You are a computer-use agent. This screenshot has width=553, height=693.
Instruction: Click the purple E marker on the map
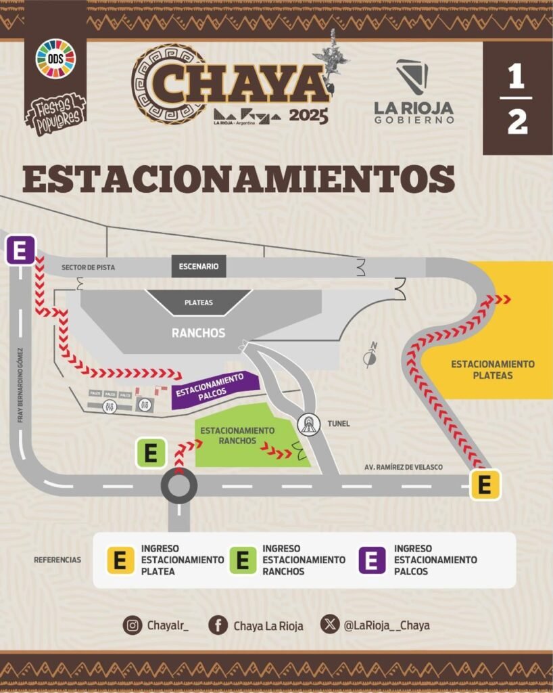click(20, 251)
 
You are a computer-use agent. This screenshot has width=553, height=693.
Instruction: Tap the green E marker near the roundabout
click(151, 453)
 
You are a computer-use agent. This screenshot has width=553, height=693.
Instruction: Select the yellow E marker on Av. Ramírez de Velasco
click(485, 485)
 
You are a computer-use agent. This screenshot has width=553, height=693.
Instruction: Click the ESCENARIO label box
click(199, 266)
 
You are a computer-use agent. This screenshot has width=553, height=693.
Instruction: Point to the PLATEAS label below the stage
click(199, 303)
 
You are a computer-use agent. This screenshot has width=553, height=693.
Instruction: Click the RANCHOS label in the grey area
click(198, 333)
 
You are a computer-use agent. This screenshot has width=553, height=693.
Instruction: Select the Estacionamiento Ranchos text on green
click(237, 436)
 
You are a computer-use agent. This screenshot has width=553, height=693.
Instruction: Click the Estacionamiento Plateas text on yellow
click(492, 370)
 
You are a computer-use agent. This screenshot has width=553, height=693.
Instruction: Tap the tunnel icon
click(309, 424)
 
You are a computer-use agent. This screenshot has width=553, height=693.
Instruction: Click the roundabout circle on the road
click(179, 485)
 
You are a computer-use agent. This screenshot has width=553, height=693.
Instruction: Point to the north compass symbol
click(370, 356)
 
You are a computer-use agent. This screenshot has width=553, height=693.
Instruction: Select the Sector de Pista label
click(88, 267)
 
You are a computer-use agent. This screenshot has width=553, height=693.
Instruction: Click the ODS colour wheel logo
click(55, 59)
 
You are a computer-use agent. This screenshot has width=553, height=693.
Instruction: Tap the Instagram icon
click(133, 625)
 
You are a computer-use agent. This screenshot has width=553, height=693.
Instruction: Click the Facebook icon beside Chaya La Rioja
click(218, 625)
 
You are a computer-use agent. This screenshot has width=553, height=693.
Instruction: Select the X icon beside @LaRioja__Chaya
click(330, 625)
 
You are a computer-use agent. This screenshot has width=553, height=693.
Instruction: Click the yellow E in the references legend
click(120, 560)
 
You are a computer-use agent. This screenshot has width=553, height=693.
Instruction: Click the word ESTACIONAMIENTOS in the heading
click(238, 179)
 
